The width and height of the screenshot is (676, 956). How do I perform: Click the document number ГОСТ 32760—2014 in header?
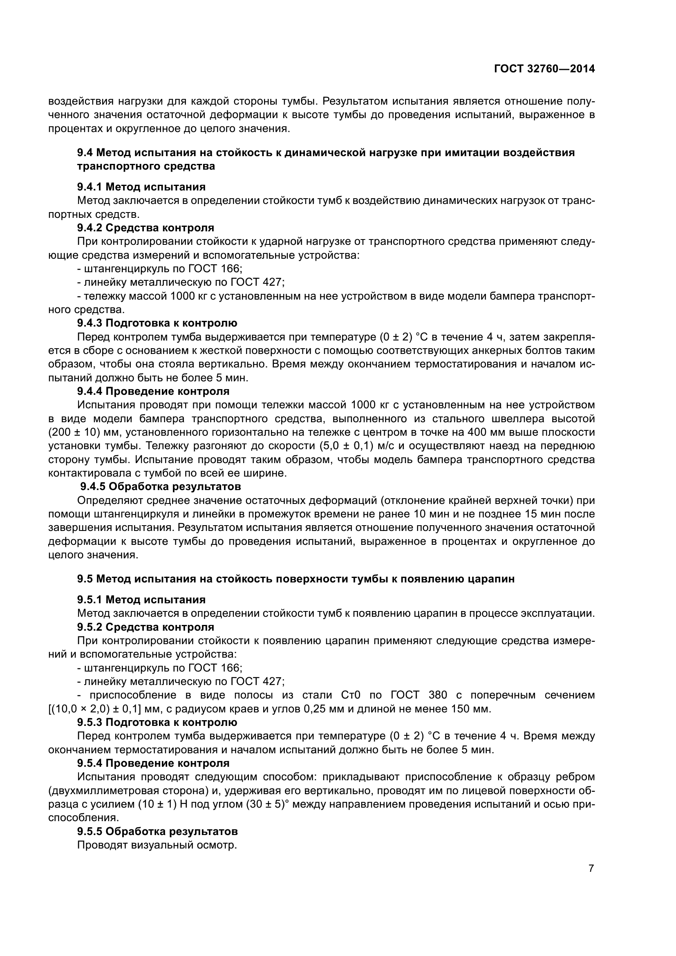tap(544, 69)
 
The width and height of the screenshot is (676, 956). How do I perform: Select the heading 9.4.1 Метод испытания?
tap(141, 187)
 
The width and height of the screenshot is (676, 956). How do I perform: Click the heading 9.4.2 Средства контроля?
tap(145, 228)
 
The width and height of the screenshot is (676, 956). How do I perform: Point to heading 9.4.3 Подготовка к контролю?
tap(157, 323)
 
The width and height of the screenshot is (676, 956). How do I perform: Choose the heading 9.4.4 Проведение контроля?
tap(153, 391)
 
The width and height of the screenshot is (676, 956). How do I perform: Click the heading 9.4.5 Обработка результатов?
tap(160, 486)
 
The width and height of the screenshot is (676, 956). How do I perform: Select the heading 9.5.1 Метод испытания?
tap(141, 600)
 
